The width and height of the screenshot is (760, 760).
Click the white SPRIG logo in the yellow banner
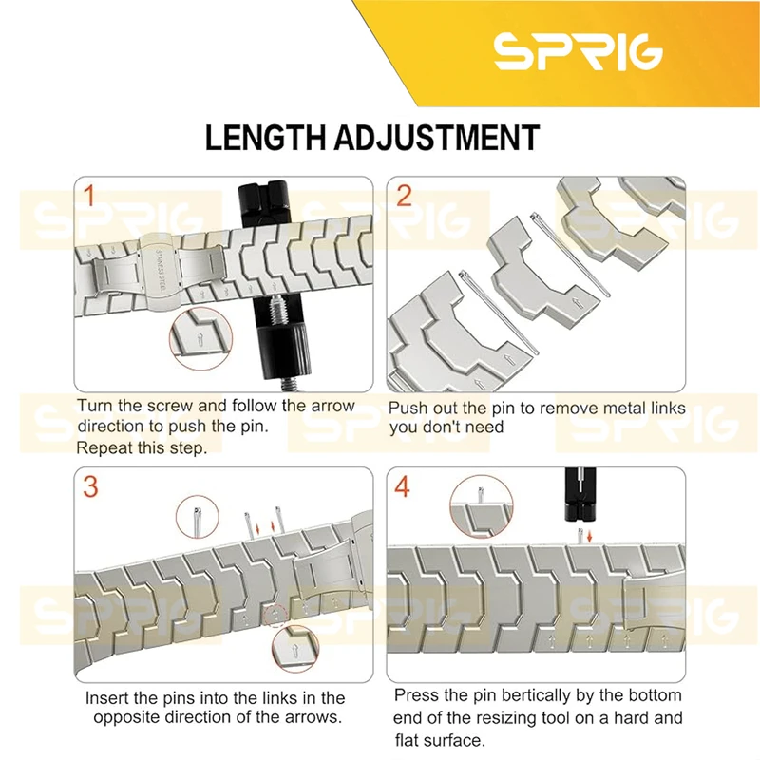[578, 51]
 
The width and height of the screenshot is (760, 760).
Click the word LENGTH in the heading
[266, 138]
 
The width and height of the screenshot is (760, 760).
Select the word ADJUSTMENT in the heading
[437, 138]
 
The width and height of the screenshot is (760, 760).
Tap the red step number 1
[88, 196]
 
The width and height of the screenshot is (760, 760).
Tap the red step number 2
[404, 196]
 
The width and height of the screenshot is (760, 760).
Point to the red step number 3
[90, 486]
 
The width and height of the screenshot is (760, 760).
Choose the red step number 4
[402, 486]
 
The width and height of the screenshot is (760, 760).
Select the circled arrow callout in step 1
[200, 339]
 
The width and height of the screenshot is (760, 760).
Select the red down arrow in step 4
[589, 537]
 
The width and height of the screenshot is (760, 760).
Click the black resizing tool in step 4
[580, 494]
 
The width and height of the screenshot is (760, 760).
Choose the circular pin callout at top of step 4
[481, 506]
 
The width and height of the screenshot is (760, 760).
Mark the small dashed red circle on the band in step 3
[275, 616]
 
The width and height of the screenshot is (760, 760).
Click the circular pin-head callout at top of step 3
[198, 517]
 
